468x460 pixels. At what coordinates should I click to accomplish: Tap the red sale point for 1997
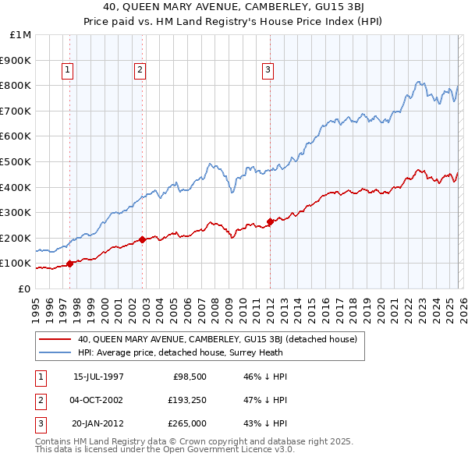tap(70, 264)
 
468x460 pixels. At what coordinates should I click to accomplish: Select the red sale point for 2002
tap(143, 239)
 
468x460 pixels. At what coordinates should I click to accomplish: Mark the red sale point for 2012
tap(270, 221)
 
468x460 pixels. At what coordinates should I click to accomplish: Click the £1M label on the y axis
tap(21, 35)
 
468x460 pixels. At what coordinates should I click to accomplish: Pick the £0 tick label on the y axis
tap(24, 288)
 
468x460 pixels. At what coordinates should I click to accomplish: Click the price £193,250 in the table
tap(187, 398)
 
